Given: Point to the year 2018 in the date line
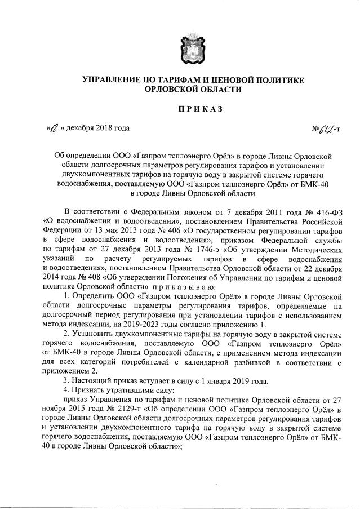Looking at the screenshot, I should (100, 128).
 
